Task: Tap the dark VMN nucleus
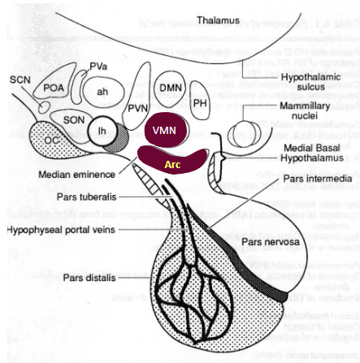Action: coord(164,131)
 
